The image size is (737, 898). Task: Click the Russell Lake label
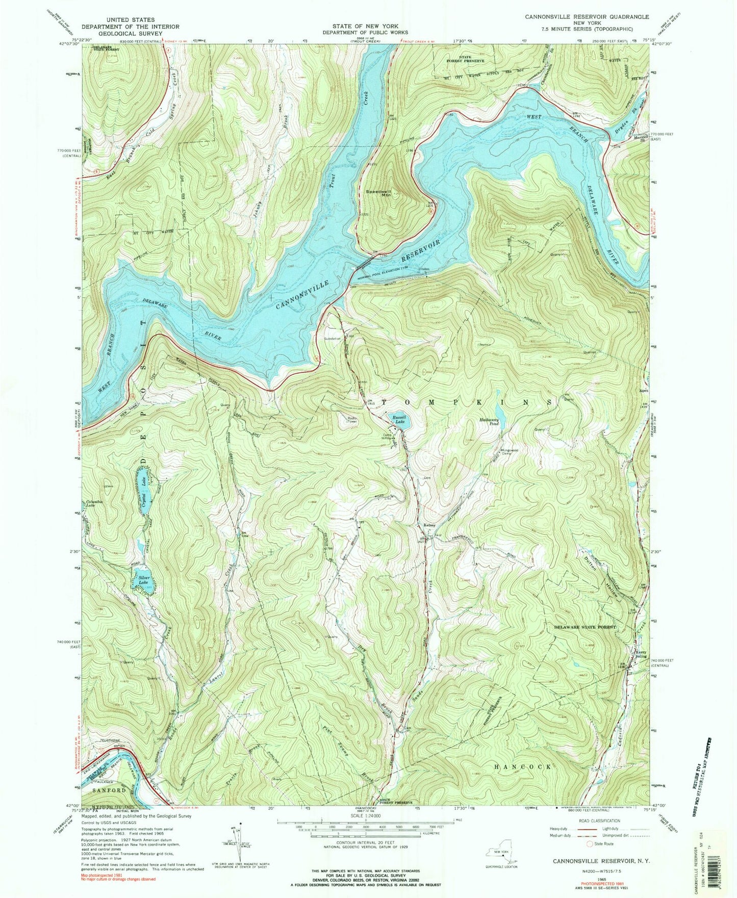[399, 420]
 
